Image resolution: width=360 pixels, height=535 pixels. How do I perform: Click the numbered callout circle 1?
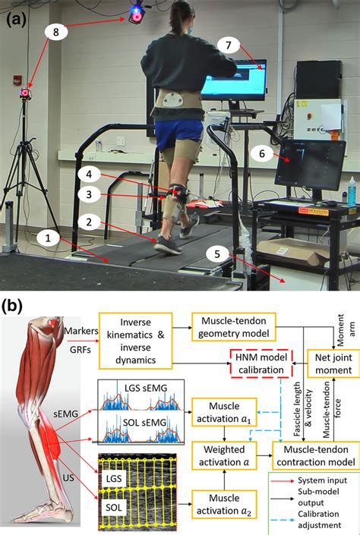click(x=48, y=238)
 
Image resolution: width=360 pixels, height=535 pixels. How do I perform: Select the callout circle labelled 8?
click(x=55, y=31)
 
